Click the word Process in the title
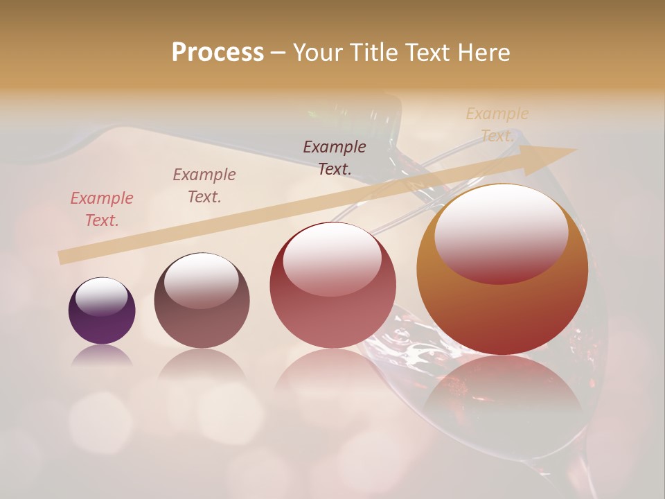point(218,52)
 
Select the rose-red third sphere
point(332,312)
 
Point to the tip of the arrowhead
point(576,149)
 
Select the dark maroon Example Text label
point(335,157)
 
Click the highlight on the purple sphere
point(102,297)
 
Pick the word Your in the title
point(316,52)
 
